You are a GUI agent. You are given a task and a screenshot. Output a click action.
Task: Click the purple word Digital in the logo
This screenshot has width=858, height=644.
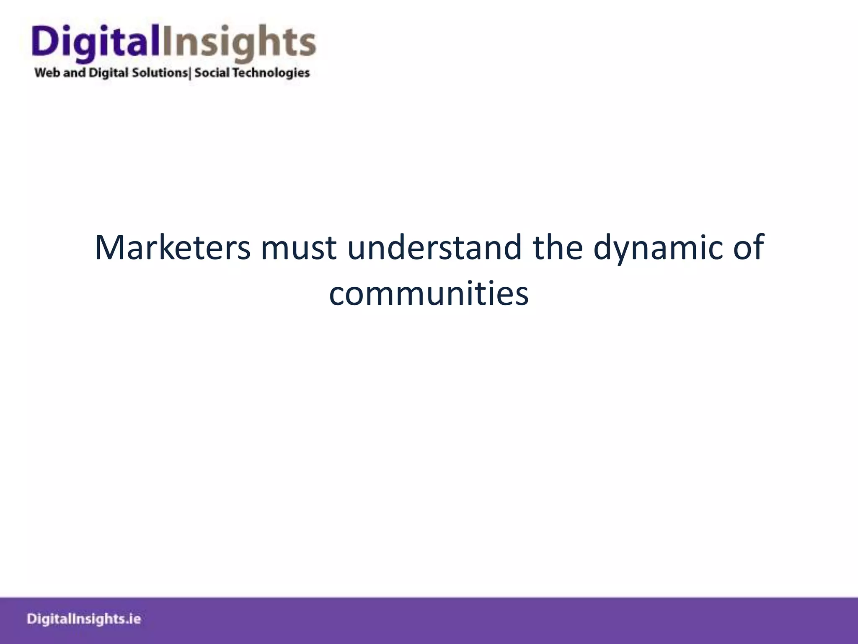pyautogui.click(x=96, y=42)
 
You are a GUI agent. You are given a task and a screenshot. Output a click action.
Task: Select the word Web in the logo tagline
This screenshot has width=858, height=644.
pyautogui.click(x=47, y=73)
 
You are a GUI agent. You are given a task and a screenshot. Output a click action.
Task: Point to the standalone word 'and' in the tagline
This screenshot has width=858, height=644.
pyautogui.click(x=74, y=73)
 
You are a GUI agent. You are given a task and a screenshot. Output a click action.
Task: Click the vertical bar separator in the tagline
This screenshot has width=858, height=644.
pyautogui.click(x=190, y=73)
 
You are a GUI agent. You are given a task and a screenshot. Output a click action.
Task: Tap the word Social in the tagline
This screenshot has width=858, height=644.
pyautogui.click(x=212, y=73)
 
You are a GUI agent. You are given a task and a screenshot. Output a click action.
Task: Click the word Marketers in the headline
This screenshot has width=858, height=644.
pyautogui.click(x=172, y=247)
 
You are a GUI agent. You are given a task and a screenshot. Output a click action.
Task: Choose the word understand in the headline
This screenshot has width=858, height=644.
pyautogui.click(x=434, y=247)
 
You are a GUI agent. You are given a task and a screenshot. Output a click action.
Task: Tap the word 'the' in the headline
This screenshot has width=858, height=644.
pyautogui.click(x=558, y=247)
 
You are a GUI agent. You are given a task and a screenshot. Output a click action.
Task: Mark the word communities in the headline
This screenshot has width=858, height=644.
pyautogui.click(x=429, y=293)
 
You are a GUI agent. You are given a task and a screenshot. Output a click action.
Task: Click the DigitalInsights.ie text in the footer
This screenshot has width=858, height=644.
pyautogui.click(x=84, y=619)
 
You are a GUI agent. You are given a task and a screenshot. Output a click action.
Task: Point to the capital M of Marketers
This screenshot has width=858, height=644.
pyautogui.click(x=110, y=247)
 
